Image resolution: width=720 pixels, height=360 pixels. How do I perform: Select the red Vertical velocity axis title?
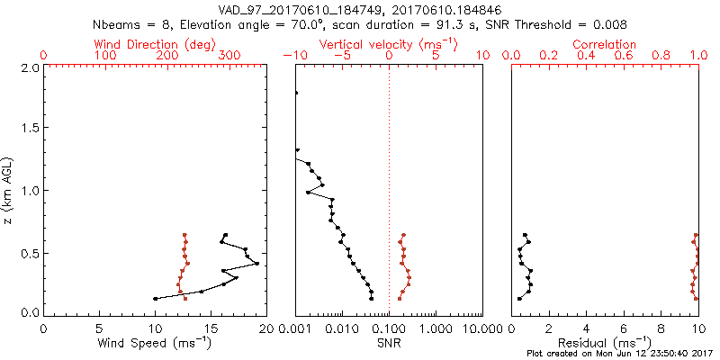coord(388,44)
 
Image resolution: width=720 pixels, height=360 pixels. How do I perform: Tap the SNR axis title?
coord(389,343)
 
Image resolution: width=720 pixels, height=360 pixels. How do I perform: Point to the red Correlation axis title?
coord(605,44)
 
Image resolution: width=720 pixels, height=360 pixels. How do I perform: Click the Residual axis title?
coord(605,343)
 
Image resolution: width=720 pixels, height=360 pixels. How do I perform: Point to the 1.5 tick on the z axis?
coord(31,128)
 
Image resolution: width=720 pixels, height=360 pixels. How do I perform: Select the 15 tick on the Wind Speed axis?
coord(211,328)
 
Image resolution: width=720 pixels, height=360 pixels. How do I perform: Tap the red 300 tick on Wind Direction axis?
coord(229,56)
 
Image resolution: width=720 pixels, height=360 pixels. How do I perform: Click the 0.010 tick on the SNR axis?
coord(342,328)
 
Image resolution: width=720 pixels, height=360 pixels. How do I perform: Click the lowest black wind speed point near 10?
coord(156,299)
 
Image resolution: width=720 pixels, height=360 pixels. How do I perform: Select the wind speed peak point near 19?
coord(257,264)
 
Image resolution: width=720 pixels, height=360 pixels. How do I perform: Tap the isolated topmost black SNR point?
coord(295,93)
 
